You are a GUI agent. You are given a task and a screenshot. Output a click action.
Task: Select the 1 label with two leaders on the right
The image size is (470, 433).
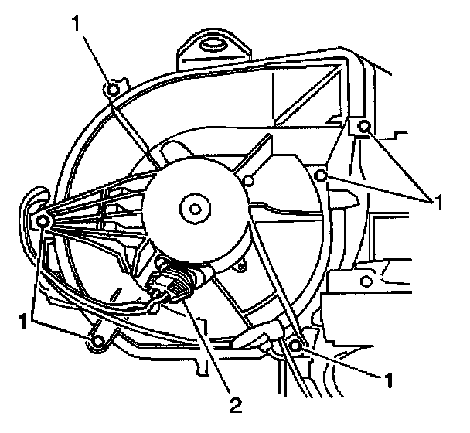[x=438, y=202]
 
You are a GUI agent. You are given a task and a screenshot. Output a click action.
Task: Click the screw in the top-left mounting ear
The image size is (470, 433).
[x=114, y=90]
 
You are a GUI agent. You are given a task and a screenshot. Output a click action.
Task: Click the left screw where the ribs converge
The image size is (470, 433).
[x=43, y=222]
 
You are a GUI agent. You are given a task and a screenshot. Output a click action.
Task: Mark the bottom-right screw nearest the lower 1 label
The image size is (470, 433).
[x=296, y=343]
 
